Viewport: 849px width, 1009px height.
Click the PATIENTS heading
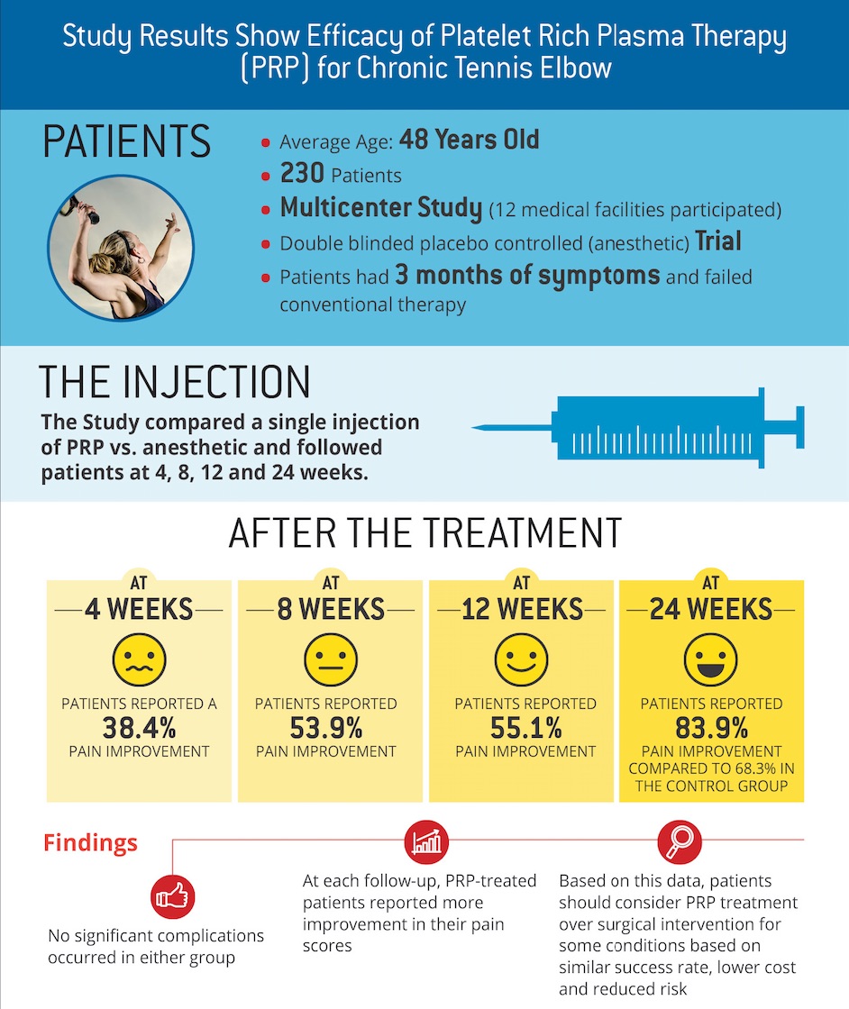(x=127, y=143)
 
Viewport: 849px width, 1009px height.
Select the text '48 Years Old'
(x=469, y=141)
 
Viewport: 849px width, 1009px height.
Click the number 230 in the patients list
(x=302, y=174)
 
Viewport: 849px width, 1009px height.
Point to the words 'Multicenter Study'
(x=380, y=208)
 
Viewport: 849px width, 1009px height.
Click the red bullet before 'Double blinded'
(x=266, y=245)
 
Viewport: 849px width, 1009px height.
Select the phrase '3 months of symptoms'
(x=527, y=276)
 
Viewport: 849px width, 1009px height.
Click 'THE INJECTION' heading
(x=175, y=382)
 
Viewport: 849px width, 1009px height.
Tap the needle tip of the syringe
(x=478, y=426)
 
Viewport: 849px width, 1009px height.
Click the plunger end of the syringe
(x=799, y=426)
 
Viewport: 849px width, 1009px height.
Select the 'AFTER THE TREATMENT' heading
(x=424, y=533)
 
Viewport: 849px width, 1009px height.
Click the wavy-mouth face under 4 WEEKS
(x=139, y=661)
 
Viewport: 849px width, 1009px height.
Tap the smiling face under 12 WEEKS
(x=521, y=661)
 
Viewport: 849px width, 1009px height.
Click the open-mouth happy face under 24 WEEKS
(x=711, y=661)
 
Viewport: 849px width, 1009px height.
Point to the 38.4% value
(x=139, y=727)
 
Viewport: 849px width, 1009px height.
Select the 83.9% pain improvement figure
(x=711, y=727)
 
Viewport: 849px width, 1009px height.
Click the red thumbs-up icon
(x=173, y=896)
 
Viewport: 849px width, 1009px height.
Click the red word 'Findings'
(x=90, y=843)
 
